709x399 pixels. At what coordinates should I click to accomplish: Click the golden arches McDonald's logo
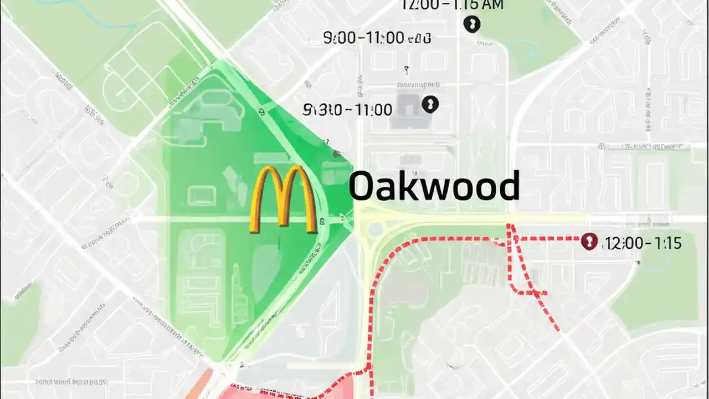tap(284, 199)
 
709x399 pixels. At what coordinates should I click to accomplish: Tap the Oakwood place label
tap(434, 186)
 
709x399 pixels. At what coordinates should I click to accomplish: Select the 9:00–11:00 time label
tap(377, 38)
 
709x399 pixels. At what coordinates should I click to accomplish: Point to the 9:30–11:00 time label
tap(348, 109)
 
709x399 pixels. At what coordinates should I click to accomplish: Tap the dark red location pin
tap(589, 242)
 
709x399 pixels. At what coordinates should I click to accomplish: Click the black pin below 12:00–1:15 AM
tap(472, 24)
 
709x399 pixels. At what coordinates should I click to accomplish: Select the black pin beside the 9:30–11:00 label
tap(430, 104)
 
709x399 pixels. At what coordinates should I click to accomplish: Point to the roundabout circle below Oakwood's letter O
tap(376, 229)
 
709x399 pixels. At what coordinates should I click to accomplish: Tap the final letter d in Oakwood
tap(508, 186)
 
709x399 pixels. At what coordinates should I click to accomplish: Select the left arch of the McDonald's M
tap(267, 199)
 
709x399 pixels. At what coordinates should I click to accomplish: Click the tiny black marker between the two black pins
tap(407, 69)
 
